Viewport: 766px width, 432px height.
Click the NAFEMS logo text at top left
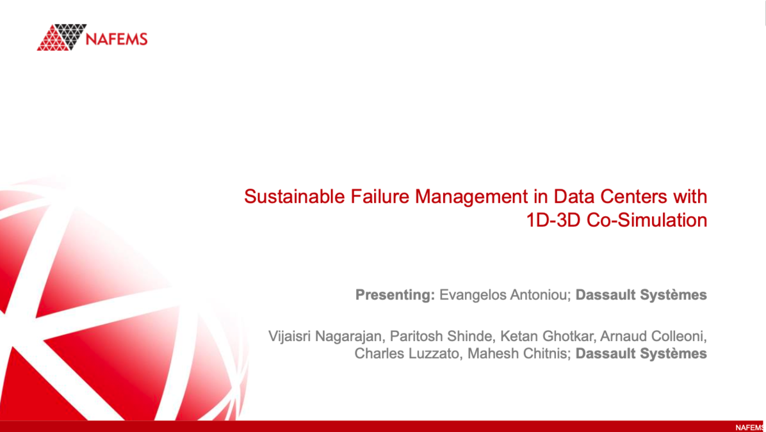coord(116,38)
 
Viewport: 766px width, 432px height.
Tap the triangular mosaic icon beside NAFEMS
coord(61,37)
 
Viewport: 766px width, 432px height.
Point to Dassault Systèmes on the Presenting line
coord(641,295)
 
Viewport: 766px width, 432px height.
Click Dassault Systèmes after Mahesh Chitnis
coord(641,353)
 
